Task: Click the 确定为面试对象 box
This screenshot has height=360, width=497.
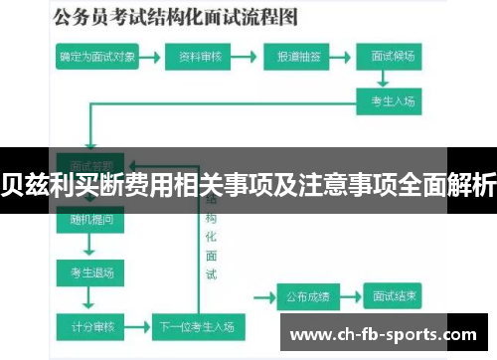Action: tap(97, 59)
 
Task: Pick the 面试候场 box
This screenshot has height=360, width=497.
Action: tap(392, 59)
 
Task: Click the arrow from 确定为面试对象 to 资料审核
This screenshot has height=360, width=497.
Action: tap(150, 59)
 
